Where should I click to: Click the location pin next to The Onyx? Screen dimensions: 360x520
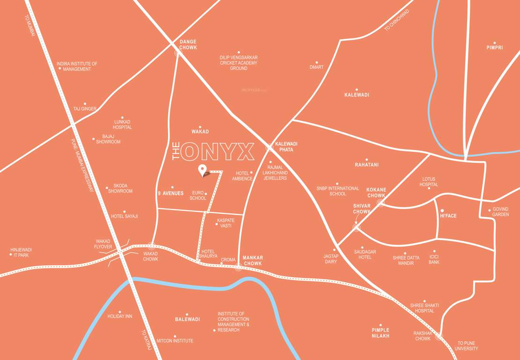click(x=202, y=170)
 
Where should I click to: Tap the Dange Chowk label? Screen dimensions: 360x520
click(x=188, y=45)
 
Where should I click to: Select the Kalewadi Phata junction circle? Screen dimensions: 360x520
click(x=269, y=148)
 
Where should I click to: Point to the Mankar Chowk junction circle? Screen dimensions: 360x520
click(x=238, y=268)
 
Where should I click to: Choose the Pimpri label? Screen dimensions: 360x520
click(x=494, y=47)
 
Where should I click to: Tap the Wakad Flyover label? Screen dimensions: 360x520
click(x=103, y=244)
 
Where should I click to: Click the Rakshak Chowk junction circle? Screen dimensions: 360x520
click(x=439, y=336)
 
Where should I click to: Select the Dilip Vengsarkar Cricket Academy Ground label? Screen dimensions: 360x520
click(x=238, y=63)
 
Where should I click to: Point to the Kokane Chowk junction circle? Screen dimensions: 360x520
click(x=380, y=203)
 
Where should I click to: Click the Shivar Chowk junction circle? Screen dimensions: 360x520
click(x=357, y=227)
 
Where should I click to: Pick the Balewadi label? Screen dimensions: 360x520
click(x=187, y=319)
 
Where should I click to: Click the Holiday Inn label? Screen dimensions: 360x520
click(x=120, y=316)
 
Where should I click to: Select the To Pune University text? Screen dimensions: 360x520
click(x=468, y=346)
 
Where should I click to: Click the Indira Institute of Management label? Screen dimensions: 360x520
click(x=77, y=66)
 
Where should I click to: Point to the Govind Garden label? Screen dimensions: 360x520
click(x=500, y=212)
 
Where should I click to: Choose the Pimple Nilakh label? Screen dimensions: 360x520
click(x=380, y=333)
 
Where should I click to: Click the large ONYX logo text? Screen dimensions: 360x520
click(x=218, y=151)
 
